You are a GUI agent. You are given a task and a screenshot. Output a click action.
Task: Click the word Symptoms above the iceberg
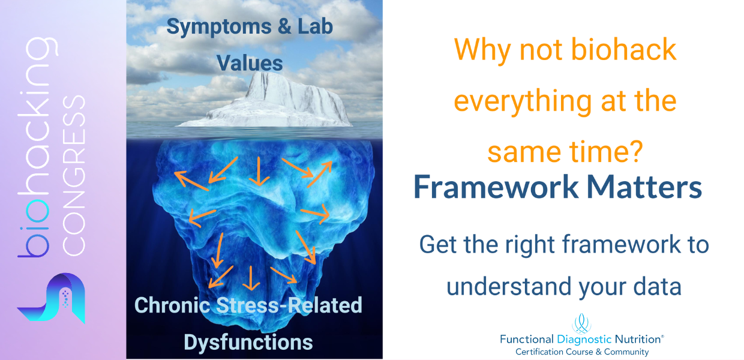click(219, 27)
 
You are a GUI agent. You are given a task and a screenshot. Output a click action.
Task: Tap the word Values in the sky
click(250, 63)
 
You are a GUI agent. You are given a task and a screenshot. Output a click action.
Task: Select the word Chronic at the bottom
click(172, 305)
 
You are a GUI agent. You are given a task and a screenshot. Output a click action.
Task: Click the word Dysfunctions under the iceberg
click(248, 342)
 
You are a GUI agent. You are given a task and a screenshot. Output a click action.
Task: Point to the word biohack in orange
click(623, 49)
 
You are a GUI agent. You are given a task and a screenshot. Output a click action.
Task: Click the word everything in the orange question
click(523, 102)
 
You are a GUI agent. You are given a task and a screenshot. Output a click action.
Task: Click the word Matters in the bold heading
click(644, 187)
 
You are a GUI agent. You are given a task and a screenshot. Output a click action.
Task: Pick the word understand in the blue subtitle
click(509, 286)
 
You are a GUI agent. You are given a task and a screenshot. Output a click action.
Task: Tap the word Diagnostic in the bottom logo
click(584, 339)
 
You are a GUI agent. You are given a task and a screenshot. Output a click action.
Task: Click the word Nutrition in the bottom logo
click(638, 339)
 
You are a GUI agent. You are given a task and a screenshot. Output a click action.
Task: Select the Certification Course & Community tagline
click(582, 352)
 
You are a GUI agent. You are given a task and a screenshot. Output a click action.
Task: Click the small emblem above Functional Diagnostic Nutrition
click(581, 323)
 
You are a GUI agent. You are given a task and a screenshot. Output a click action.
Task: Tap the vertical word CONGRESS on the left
click(74, 175)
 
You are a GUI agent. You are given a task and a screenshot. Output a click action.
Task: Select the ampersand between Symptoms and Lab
click(284, 26)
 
